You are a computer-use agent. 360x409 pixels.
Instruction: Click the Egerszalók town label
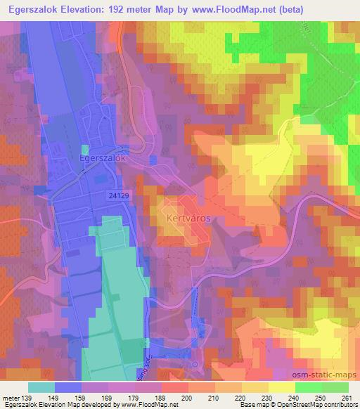[102, 160]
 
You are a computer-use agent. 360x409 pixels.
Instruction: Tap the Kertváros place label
[188, 219]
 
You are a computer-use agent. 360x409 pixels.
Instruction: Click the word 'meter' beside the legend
[11, 397]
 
